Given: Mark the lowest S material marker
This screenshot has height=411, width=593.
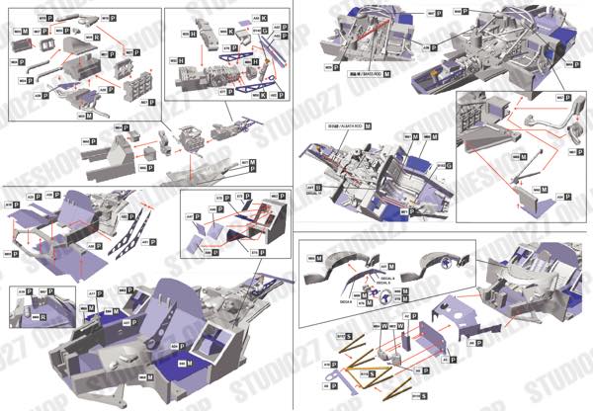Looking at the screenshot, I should point(423,394).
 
